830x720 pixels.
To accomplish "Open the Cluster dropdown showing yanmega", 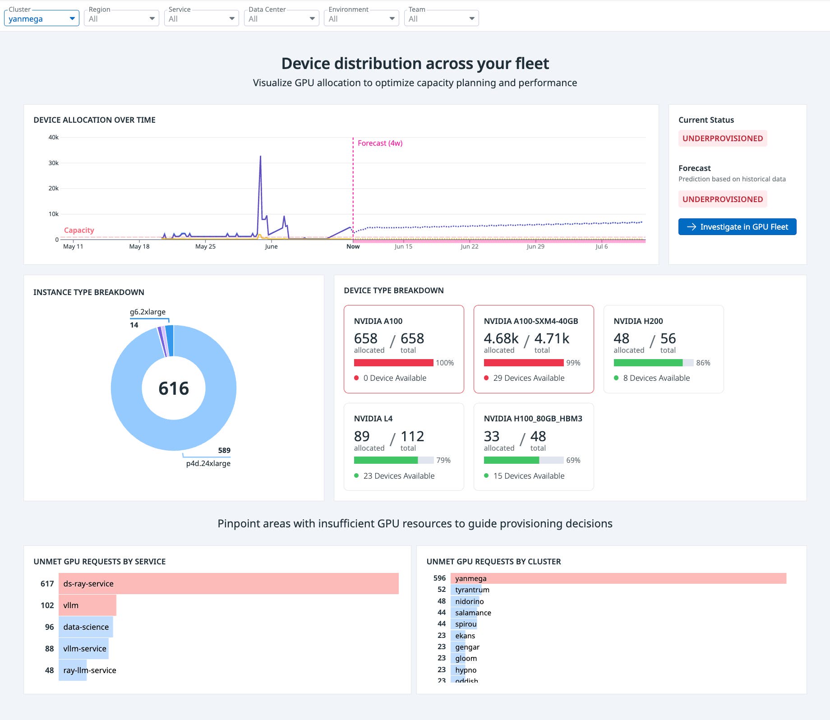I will coord(41,18).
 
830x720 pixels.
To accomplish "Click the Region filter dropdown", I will coord(121,18).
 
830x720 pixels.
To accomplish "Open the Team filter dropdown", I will coord(441,18).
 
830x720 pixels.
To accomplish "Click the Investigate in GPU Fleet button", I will coord(737,227).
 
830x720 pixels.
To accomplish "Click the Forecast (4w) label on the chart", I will coord(380,143).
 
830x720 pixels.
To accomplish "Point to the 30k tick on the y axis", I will coord(53,163).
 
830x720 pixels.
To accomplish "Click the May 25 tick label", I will coord(205,246).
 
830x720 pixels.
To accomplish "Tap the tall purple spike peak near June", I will coord(260,157).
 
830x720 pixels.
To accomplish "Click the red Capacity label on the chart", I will coord(79,230).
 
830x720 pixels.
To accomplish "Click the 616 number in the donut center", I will coord(174,388).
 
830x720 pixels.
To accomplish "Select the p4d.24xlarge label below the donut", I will coord(208,463).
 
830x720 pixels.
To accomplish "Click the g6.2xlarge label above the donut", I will coord(148,312).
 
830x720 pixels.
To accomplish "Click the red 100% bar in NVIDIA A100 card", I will coord(393,363).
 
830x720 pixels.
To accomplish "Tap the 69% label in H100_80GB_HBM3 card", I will coord(573,460).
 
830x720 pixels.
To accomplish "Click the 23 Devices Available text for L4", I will coord(399,476).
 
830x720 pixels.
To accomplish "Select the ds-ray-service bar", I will coord(228,584).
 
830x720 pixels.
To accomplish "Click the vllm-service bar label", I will coord(85,649).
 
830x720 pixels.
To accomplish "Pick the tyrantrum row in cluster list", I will coord(472,590).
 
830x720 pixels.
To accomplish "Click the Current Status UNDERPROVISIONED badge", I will coord(722,138).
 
